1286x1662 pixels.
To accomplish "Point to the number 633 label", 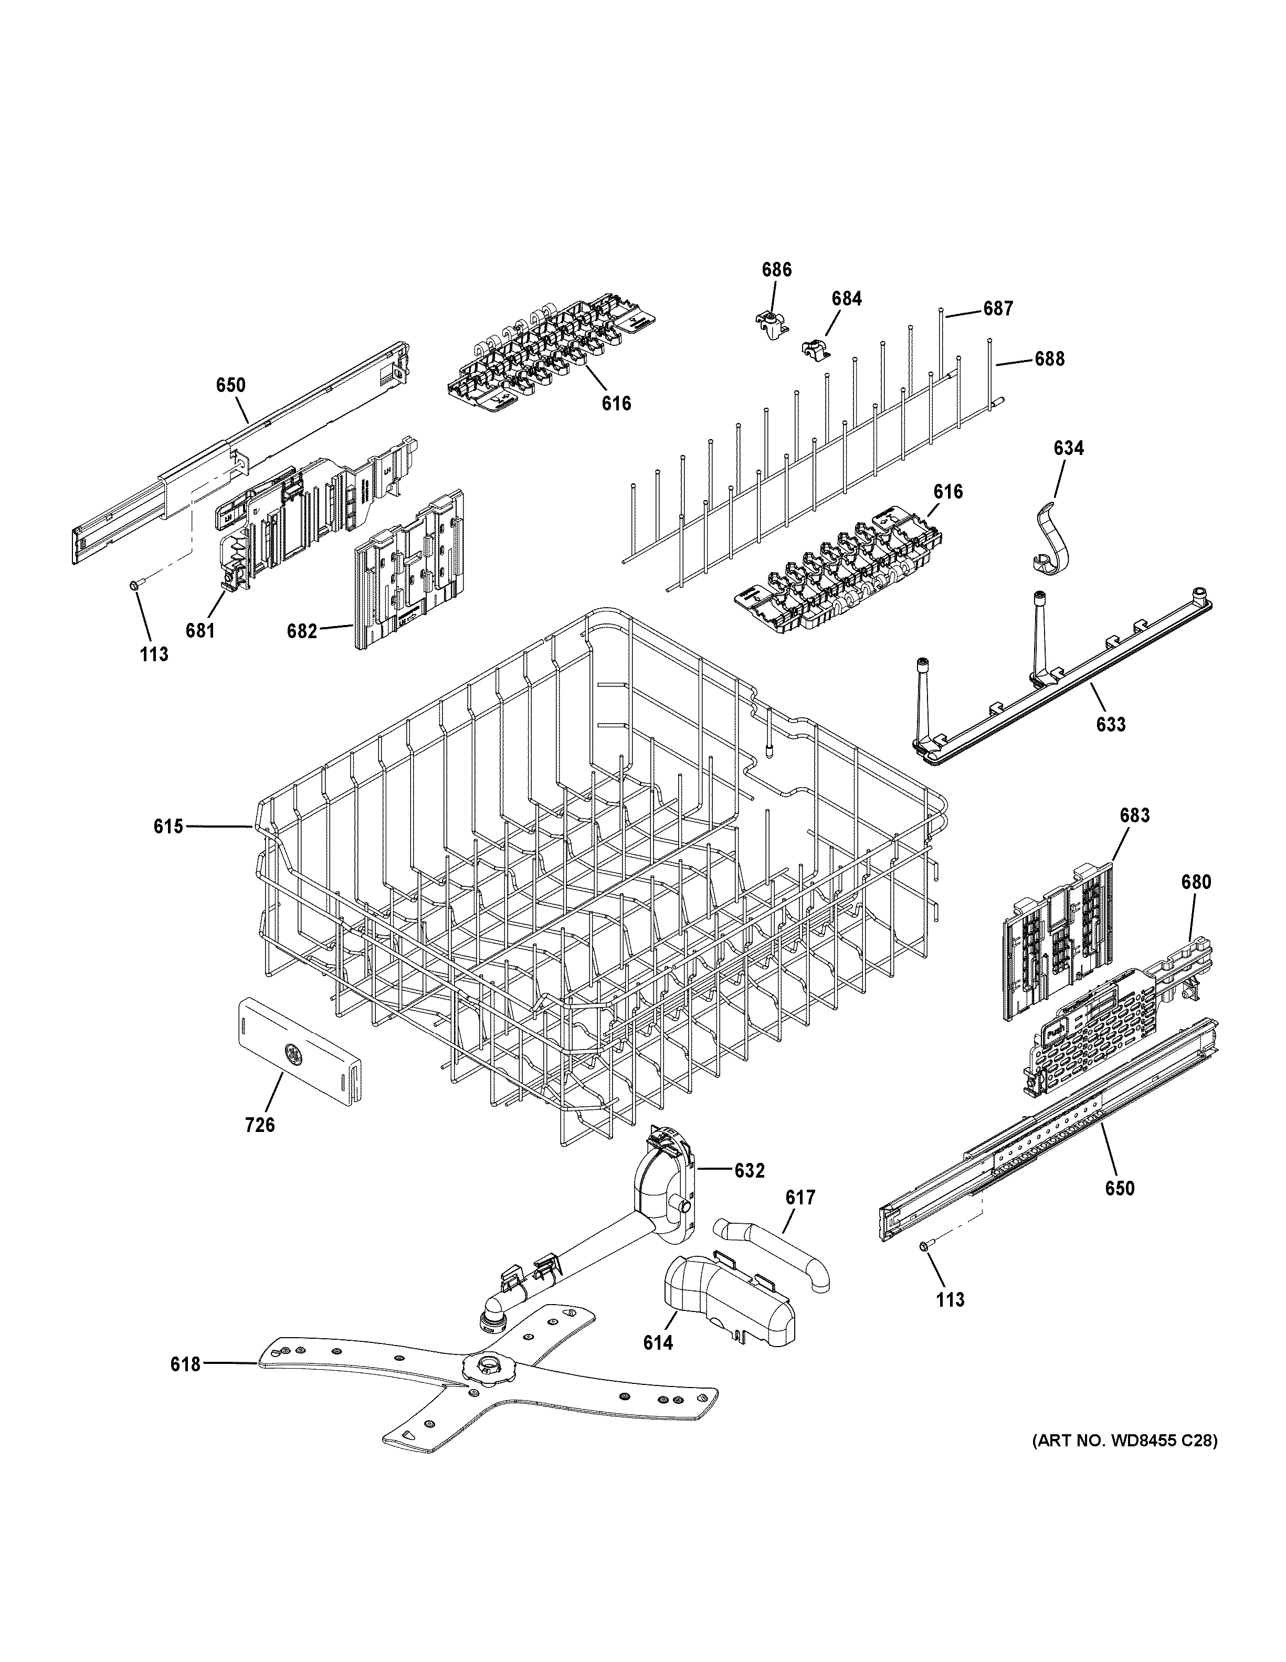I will (x=1110, y=724).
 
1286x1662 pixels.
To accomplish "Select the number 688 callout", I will (x=1049, y=359).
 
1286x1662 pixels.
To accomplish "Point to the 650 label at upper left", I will (x=230, y=385).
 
